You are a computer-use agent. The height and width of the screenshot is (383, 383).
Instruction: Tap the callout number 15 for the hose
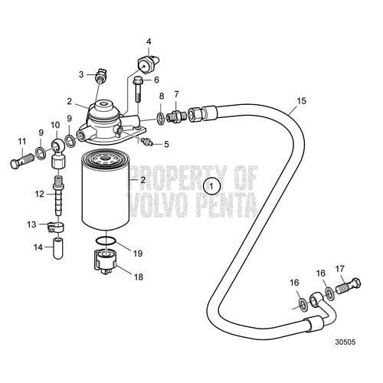click(x=300, y=100)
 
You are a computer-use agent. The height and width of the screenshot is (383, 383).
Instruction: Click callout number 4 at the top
click(x=149, y=41)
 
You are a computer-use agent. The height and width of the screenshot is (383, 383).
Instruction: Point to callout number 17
click(x=339, y=268)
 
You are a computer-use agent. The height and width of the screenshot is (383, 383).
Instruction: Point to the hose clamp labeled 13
click(x=56, y=227)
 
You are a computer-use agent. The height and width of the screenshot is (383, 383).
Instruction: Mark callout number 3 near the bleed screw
click(x=80, y=74)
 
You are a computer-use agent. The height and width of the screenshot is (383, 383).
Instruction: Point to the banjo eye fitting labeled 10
click(x=57, y=146)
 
